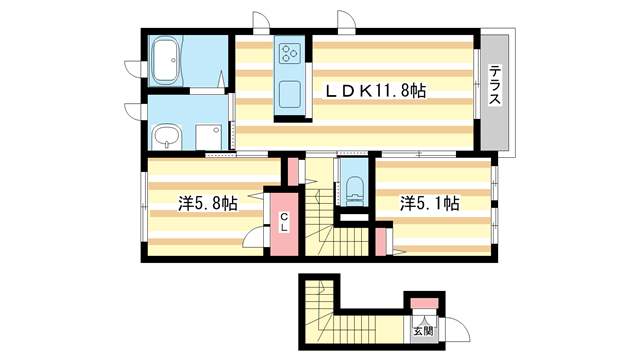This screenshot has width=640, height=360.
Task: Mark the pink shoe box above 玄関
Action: [x=423, y=302]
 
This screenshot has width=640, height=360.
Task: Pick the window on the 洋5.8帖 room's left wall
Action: [x=144, y=205]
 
